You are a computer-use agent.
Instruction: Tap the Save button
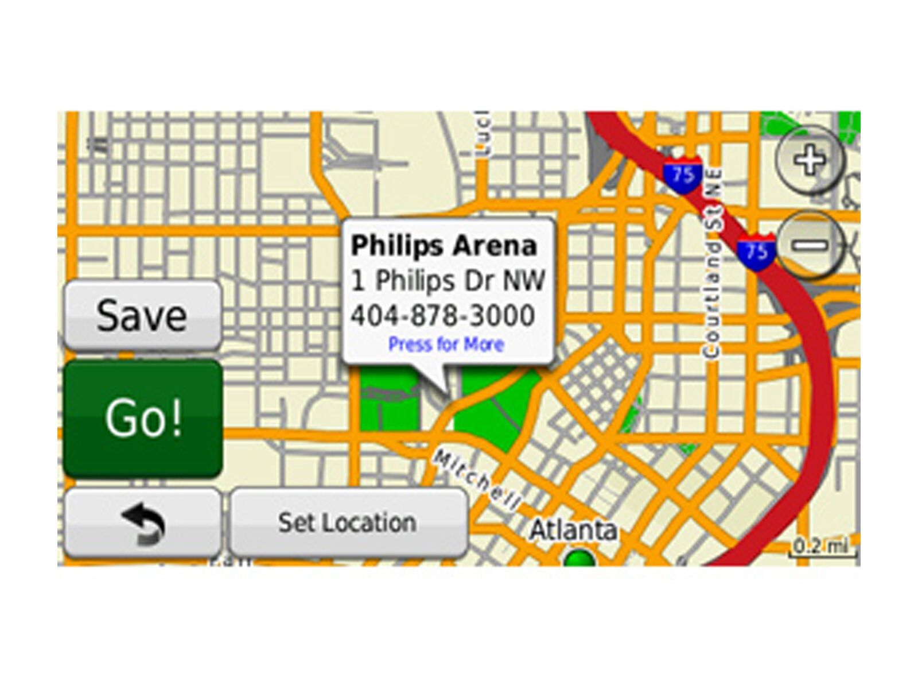[142, 315]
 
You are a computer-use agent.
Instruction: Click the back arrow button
[142, 523]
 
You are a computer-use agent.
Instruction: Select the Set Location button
[348, 523]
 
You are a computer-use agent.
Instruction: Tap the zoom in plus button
[810, 159]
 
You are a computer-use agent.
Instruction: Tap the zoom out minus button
[810, 245]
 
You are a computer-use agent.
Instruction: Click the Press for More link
[446, 344]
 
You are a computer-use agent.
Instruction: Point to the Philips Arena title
[444, 246]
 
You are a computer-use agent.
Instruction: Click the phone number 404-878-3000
[442, 315]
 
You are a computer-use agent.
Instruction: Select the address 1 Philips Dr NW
[448, 281]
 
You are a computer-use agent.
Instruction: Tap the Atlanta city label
[573, 529]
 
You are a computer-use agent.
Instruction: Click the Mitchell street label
[476, 480]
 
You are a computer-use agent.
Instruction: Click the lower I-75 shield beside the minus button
[756, 251]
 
